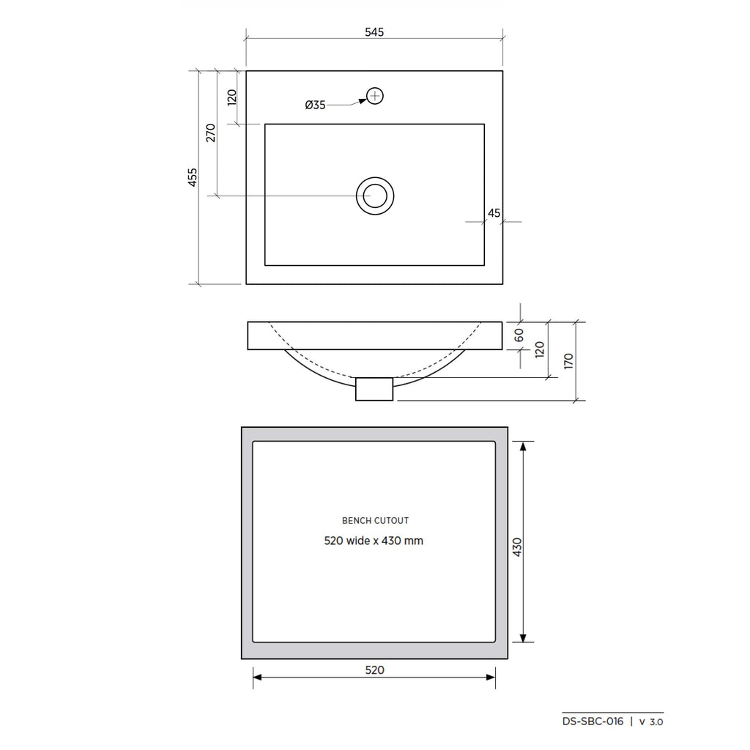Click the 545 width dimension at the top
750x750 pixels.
point(374,32)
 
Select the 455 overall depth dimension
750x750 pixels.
point(192,177)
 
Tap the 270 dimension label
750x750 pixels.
point(211,133)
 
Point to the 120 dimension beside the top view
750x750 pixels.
point(231,97)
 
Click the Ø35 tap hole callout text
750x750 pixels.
point(315,105)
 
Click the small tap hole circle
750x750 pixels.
point(375,96)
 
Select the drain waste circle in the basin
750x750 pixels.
point(375,196)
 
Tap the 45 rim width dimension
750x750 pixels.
point(494,213)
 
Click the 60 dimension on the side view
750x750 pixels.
point(519,335)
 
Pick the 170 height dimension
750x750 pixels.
point(568,360)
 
